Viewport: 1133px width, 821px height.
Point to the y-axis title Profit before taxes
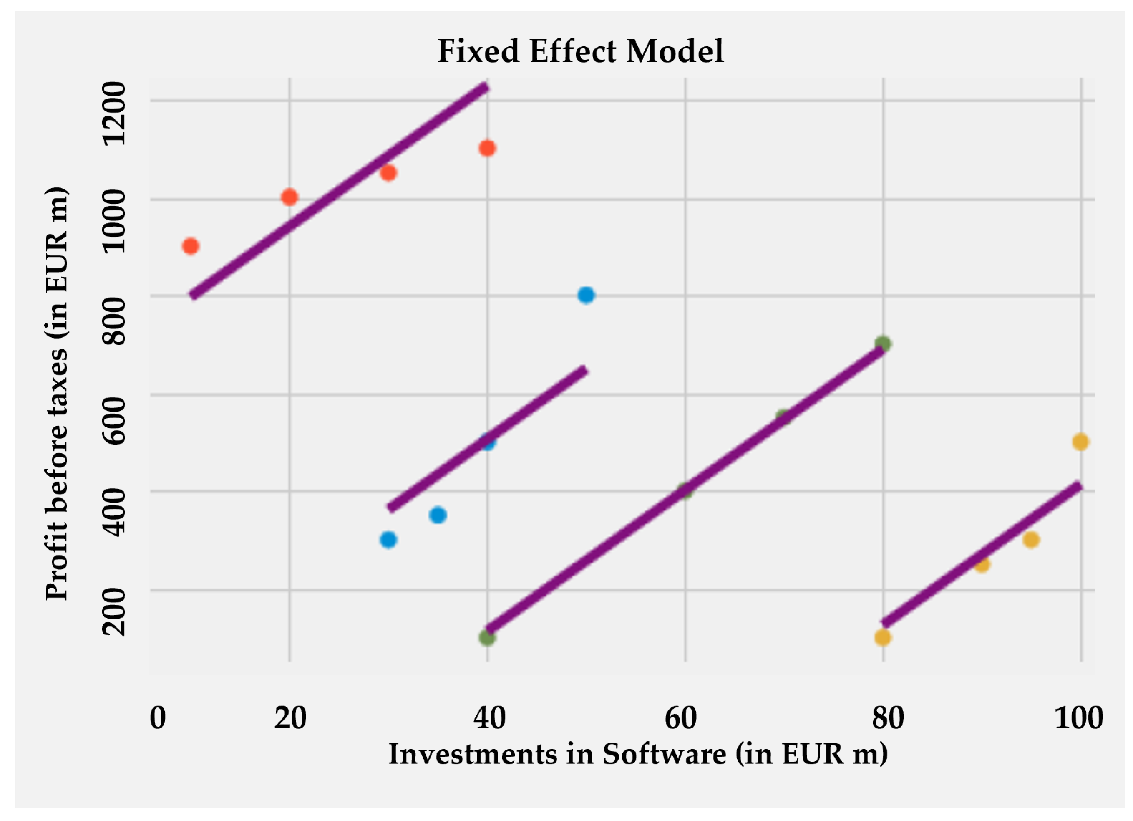point(56,393)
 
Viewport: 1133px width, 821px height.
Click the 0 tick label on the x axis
point(158,718)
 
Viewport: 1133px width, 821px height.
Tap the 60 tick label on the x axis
point(680,718)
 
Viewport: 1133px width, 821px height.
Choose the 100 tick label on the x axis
point(1078,718)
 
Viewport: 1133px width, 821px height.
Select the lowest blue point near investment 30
point(388,540)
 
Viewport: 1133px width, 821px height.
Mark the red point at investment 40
point(487,149)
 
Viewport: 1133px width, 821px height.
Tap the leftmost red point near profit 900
point(190,246)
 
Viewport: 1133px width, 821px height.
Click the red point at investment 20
point(289,197)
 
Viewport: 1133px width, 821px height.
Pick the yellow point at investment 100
point(1080,442)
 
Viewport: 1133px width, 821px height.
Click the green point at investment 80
point(883,344)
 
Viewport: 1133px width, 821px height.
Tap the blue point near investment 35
point(438,515)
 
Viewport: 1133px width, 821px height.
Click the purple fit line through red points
point(340,192)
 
